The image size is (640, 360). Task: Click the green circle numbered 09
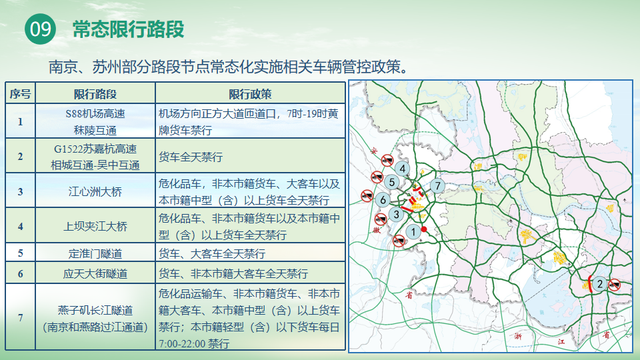(x=41, y=29)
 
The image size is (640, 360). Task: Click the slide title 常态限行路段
(x=128, y=29)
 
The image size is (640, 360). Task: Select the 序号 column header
(x=21, y=94)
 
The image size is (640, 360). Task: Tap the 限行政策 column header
(x=250, y=94)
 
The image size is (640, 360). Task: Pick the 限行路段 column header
(x=95, y=94)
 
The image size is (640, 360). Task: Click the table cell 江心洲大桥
(x=95, y=191)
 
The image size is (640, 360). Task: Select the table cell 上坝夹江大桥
(x=95, y=226)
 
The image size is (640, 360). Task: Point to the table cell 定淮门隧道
(x=95, y=253)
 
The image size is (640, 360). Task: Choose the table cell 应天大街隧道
(x=95, y=273)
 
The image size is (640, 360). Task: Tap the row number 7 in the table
(x=21, y=317)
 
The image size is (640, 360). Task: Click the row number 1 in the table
(x=21, y=121)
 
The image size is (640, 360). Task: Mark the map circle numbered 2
(x=599, y=284)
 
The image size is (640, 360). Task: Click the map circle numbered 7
(x=437, y=186)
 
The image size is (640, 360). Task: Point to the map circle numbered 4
(x=403, y=168)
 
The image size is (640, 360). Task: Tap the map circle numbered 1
(x=413, y=232)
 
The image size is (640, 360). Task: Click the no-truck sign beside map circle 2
(x=614, y=285)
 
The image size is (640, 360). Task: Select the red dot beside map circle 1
(x=424, y=229)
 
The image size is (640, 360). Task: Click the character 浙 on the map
(x=518, y=336)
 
